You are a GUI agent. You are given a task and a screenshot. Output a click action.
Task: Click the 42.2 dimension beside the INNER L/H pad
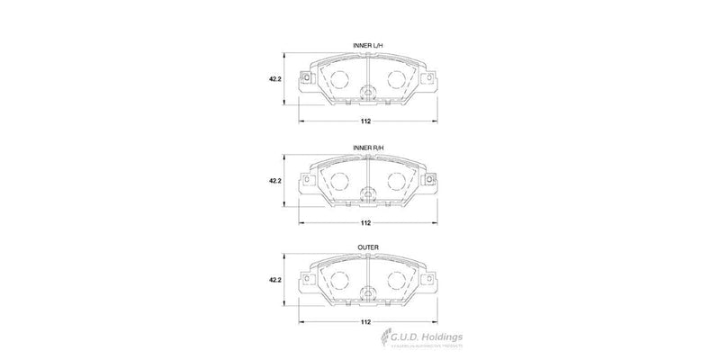(x=275, y=79)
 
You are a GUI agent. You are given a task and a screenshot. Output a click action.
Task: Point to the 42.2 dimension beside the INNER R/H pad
(x=275, y=181)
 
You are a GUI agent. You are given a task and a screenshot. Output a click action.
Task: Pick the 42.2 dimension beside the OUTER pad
(x=275, y=283)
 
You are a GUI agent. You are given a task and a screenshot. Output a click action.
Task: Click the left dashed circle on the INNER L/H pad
(x=339, y=80)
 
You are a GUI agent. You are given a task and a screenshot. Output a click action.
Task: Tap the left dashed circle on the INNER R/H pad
(x=339, y=182)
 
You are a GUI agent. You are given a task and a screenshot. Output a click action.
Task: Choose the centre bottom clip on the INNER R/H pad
(x=367, y=193)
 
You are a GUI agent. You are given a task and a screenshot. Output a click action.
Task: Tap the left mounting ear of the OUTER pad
(x=306, y=283)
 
